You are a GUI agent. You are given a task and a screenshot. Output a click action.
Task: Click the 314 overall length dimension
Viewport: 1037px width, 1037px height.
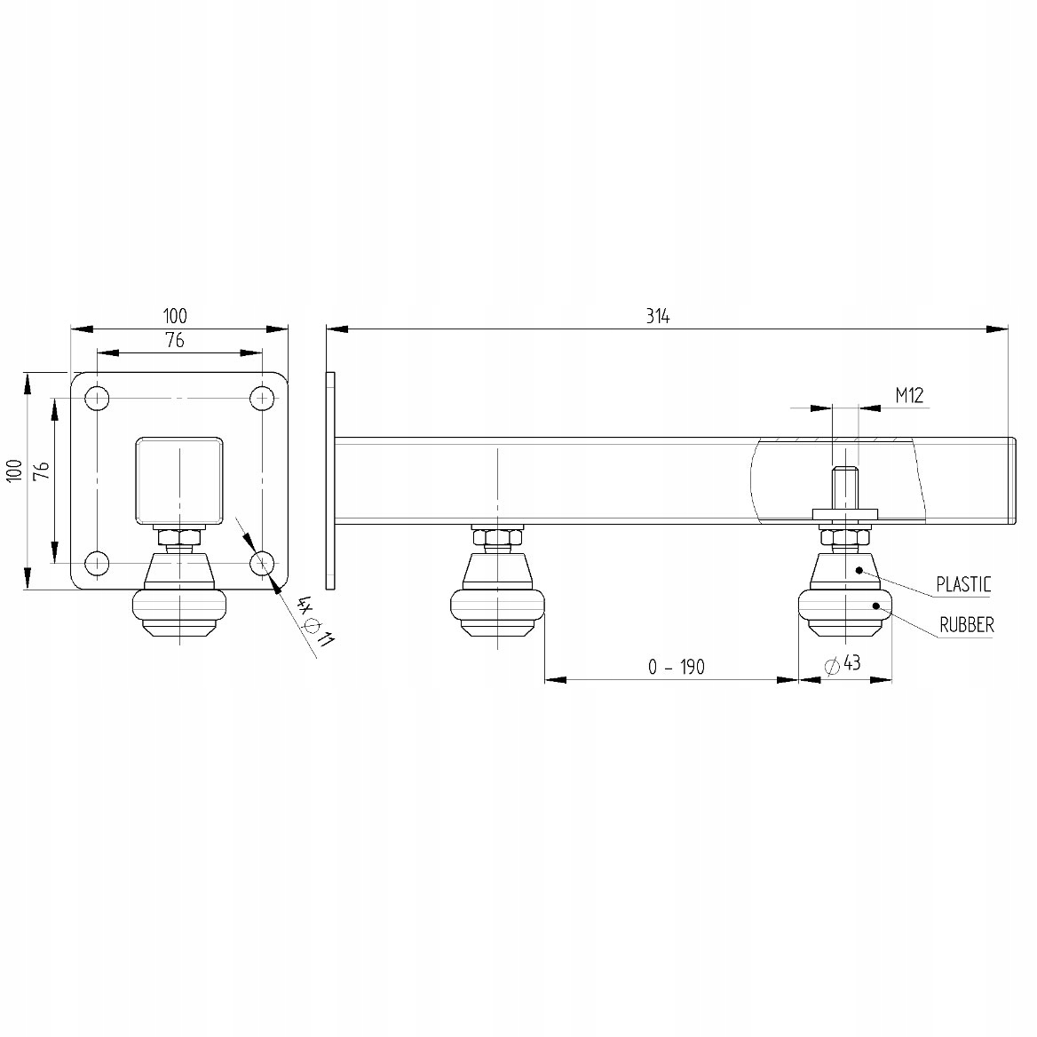point(658,317)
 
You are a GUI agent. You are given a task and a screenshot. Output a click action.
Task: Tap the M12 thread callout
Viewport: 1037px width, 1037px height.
point(909,395)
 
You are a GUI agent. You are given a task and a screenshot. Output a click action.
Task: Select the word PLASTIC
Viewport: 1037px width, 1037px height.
point(963,584)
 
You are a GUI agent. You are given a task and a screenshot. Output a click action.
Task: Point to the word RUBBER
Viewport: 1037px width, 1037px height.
point(967,624)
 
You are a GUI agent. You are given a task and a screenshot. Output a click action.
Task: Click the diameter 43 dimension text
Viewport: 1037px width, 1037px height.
point(843,663)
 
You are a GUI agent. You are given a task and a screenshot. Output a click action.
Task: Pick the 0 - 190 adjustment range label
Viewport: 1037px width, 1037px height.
point(677,668)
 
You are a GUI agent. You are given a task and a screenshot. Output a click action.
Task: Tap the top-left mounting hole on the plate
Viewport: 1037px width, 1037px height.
point(98,398)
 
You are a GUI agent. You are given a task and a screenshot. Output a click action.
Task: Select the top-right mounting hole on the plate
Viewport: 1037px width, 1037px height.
point(263,398)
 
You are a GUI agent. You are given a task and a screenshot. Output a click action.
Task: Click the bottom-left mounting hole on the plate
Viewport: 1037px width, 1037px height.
point(98,563)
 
